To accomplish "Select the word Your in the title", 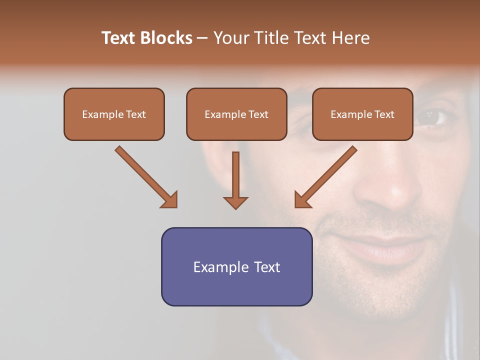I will [x=231, y=38].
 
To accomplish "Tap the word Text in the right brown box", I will [x=384, y=114].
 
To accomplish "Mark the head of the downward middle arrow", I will [x=235, y=202].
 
